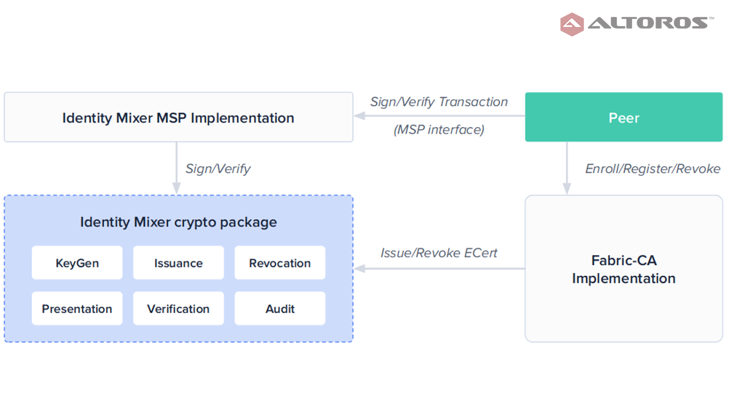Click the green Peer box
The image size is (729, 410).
(x=624, y=117)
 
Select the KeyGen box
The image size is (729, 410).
(x=77, y=263)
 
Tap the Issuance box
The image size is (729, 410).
(x=178, y=263)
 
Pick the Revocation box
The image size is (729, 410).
(x=280, y=263)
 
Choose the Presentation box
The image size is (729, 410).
(x=77, y=308)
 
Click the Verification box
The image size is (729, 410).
(x=178, y=308)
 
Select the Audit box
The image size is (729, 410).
(x=280, y=308)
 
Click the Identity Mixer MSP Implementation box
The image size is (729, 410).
(x=178, y=117)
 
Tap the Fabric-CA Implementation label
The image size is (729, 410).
(x=624, y=269)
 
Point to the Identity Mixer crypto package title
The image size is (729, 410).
(x=178, y=222)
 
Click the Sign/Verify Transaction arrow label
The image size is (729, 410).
(x=439, y=102)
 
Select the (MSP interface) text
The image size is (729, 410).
(x=439, y=129)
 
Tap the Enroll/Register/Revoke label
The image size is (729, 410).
(x=653, y=169)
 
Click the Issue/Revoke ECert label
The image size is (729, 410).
(x=439, y=253)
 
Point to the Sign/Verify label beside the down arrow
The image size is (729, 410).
(x=218, y=169)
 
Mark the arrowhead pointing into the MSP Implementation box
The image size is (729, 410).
(x=359, y=116)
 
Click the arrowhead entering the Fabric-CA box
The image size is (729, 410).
(x=567, y=188)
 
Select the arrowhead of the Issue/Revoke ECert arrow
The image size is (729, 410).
(x=359, y=268)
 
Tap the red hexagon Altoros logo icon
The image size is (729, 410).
(x=572, y=24)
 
